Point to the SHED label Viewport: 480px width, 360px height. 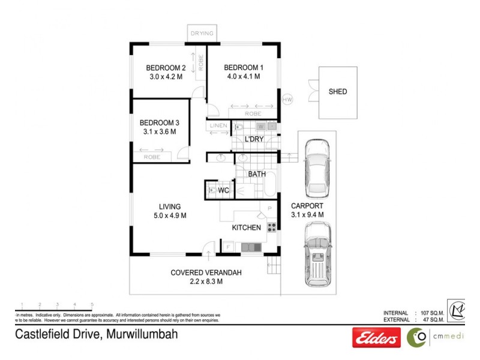[x=337, y=92]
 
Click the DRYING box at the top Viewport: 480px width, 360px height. [x=202, y=34]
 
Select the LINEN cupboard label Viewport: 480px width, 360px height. [x=218, y=126]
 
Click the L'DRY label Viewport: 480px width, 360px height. [x=254, y=140]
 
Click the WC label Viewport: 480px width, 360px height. [x=223, y=190]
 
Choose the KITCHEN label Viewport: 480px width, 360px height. [x=247, y=227]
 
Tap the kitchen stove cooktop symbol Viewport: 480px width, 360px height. [x=271, y=227]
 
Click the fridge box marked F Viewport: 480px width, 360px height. [x=228, y=247]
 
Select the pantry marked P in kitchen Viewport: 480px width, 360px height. [x=269, y=209]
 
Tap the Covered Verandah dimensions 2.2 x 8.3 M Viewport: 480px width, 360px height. [x=206, y=281]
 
